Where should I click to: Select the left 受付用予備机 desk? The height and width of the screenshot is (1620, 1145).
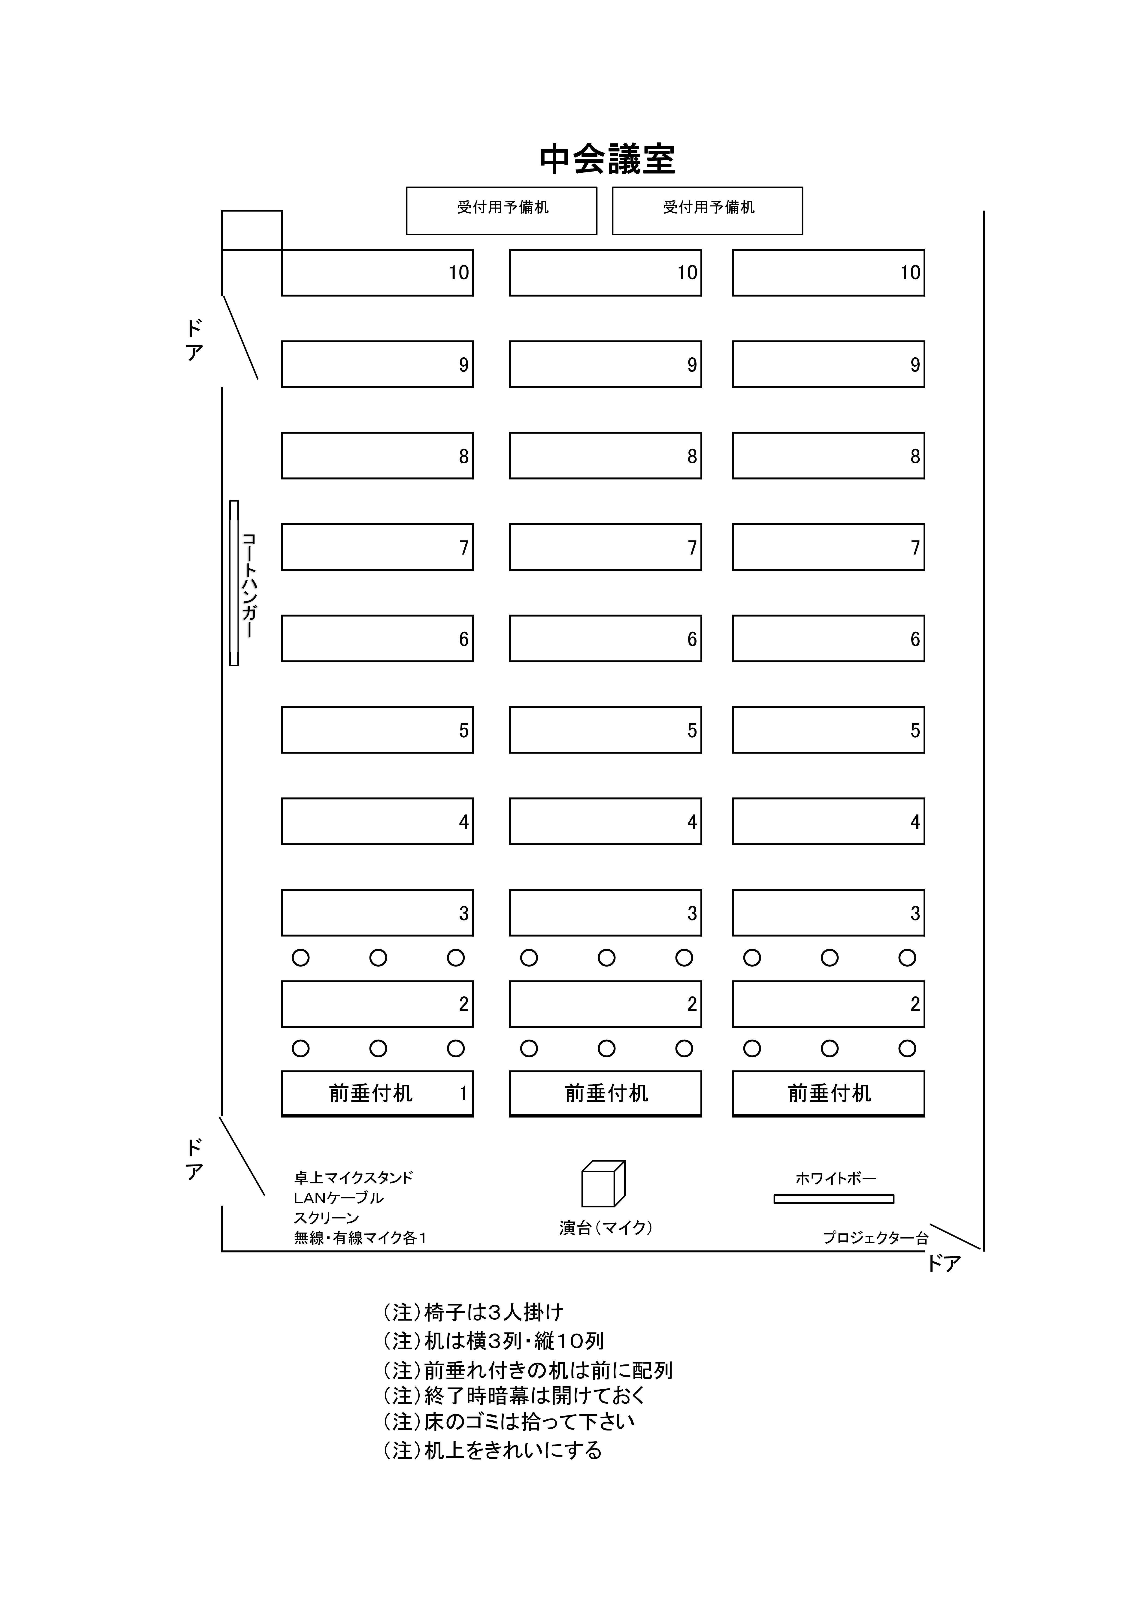click(x=501, y=210)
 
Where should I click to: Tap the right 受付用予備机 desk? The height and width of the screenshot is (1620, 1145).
click(x=707, y=210)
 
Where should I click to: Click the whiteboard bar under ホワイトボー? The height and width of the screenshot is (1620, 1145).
click(x=834, y=1199)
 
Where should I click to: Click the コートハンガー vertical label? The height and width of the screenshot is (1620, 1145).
click(x=248, y=586)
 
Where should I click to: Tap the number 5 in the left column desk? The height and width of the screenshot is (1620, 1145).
click(x=464, y=730)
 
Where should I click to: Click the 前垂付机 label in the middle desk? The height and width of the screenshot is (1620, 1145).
click(x=606, y=1093)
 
